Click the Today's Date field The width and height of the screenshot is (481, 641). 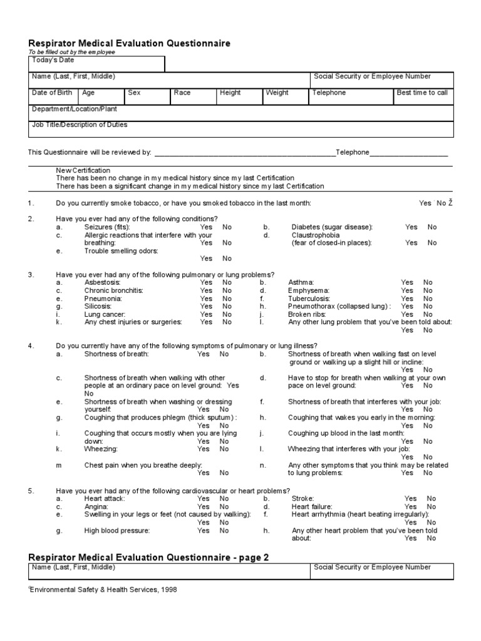97,64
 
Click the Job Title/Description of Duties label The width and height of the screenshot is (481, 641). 80,125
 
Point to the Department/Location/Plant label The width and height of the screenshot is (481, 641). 75,109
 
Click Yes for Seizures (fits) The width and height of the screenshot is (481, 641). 206,227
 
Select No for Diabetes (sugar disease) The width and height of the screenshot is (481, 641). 432,227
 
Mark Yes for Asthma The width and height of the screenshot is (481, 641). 407,283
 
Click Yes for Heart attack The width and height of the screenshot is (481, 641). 204,499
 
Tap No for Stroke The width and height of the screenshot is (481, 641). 432,499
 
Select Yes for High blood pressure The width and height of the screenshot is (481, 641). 204,530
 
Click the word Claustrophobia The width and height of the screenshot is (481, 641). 316,235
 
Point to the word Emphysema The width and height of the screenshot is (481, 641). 309,290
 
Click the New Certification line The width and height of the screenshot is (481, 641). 83,170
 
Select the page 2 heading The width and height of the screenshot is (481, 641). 149,557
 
